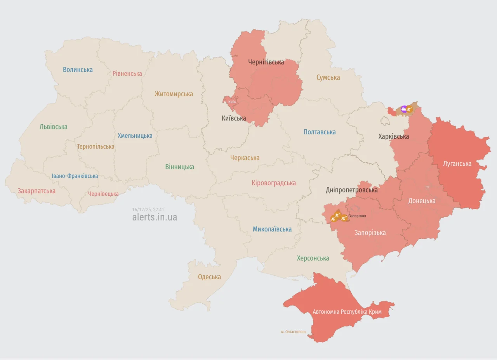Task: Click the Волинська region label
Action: (78, 70)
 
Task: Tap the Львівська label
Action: (53, 127)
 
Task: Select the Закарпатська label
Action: (36, 191)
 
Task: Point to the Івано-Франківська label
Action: (75, 176)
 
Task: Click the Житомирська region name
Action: (174, 94)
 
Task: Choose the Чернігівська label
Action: (266, 62)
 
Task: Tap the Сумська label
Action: (328, 78)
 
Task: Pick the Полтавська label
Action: (320, 132)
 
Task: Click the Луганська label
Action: (457, 163)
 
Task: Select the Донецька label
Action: (422, 201)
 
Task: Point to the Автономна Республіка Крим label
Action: (347, 312)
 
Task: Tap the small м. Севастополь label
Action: (294, 332)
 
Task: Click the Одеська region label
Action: (209, 277)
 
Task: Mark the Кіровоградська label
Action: (273, 183)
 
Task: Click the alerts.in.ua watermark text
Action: (155, 217)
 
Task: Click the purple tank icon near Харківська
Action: (404, 110)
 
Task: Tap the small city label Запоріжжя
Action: (357, 216)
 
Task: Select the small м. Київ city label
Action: (231, 102)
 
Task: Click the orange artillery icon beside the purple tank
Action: (410, 110)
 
